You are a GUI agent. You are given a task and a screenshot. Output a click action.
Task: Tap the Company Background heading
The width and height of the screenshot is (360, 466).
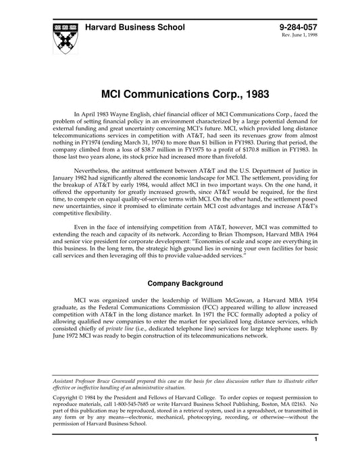click(x=179, y=284)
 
